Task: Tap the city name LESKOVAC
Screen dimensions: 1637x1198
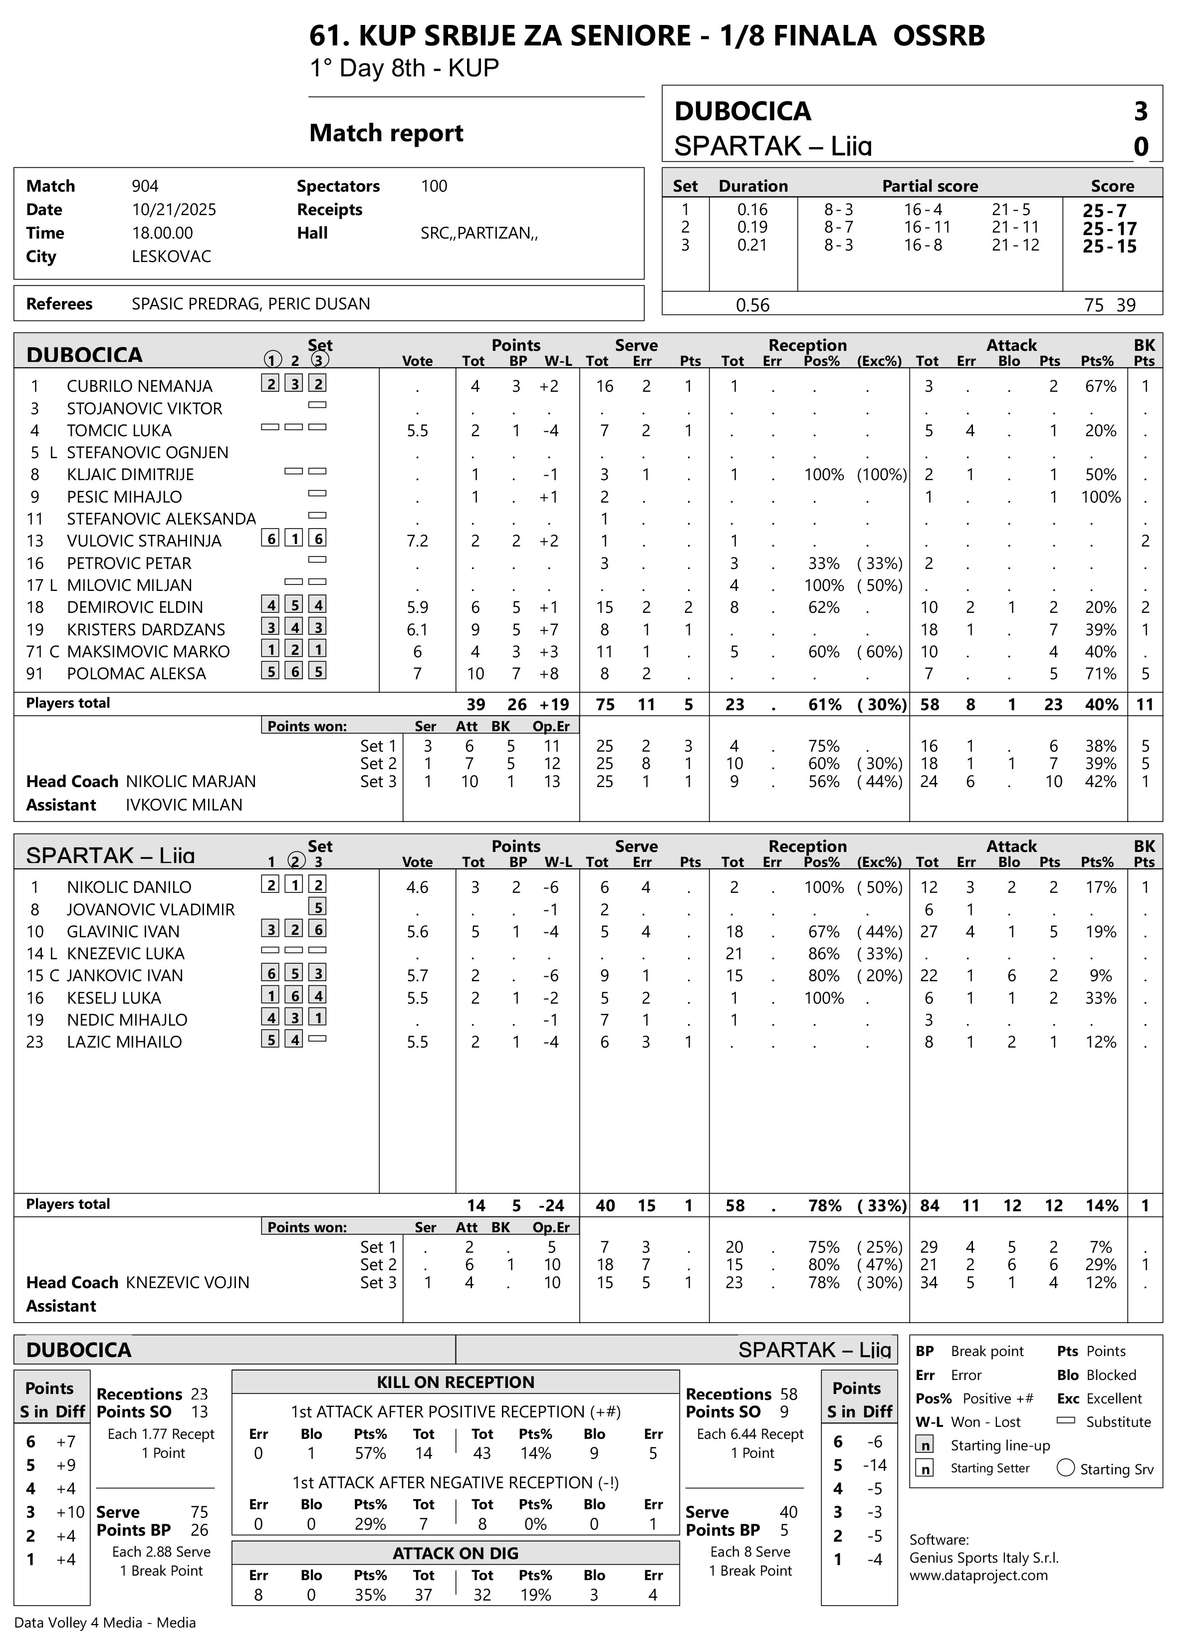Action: pos(171,257)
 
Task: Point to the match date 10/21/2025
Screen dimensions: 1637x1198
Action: pos(174,210)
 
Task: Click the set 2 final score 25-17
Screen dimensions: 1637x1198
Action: pos(1110,229)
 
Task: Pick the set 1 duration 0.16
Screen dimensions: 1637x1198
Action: pos(752,210)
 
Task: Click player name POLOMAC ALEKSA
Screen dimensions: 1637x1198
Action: pos(136,674)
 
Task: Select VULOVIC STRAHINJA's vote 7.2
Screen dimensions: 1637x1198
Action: pos(417,541)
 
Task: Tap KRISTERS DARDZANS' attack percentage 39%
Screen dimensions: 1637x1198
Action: pos(1100,629)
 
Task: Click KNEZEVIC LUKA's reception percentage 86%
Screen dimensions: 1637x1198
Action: pos(823,954)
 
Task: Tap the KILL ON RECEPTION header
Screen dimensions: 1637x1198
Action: pos(456,1382)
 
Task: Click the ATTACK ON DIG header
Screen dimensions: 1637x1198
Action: pos(456,1554)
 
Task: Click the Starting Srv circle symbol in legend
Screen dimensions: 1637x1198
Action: pos(1065,1468)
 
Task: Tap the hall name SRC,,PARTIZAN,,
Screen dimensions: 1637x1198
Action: pos(479,234)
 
